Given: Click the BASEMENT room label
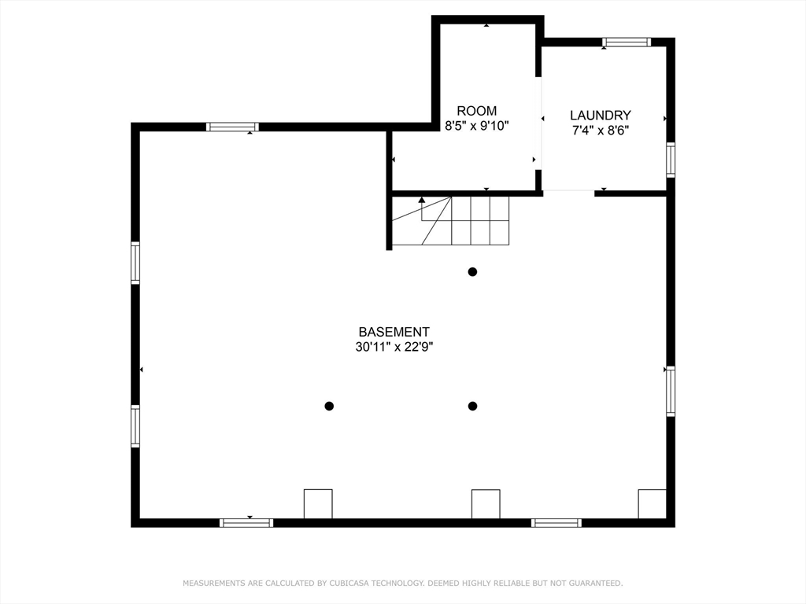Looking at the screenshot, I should pyautogui.click(x=394, y=332).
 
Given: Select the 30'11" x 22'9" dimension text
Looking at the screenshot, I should pyautogui.click(x=394, y=346).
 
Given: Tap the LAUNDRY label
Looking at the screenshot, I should pyautogui.click(x=601, y=115).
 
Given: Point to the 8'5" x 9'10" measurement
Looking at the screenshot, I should pyautogui.click(x=477, y=125).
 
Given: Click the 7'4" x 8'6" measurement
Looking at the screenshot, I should pyautogui.click(x=601, y=131).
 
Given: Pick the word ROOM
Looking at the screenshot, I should pyautogui.click(x=477, y=111).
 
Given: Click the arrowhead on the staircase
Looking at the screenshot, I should pyautogui.click(x=422, y=201).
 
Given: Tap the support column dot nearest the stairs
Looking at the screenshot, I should pyautogui.click(x=472, y=272).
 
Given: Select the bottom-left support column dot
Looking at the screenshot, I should pyautogui.click(x=329, y=406).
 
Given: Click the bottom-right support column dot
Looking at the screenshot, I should pyautogui.click(x=472, y=406).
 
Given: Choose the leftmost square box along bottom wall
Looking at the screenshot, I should pyautogui.click(x=318, y=503).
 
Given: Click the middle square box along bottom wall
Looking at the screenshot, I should pyautogui.click(x=486, y=503).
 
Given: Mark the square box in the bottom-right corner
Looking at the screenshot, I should pyautogui.click(x=652, y=503).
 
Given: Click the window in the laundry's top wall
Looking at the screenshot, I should pyautogui.click(x=627, y=42).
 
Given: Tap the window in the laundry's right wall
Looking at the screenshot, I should pyautogui.click(x=671, y=159).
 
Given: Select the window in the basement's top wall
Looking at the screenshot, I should pyautogui.click(x=232, y=127).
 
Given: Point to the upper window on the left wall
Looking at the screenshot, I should pyautogui.click(x=135, y=263).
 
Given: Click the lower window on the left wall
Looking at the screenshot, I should pyautogui.click(x=135, y=426).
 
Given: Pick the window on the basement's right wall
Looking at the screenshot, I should pyautogui.click(x=671, y=391).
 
